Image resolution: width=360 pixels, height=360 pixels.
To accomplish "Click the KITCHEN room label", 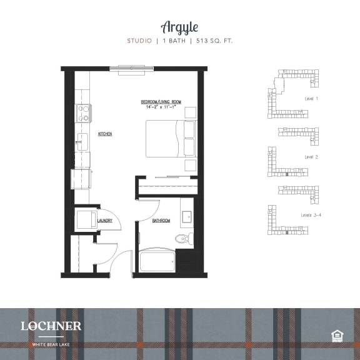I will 104,134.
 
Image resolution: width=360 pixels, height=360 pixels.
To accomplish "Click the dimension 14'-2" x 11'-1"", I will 161,107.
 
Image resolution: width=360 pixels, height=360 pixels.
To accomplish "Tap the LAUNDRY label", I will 105,221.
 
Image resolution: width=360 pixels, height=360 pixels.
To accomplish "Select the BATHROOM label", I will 161,221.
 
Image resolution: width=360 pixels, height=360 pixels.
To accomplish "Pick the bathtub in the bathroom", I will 156,261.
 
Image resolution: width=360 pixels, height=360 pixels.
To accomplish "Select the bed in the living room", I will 170,139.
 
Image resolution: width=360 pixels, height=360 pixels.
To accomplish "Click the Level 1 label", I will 311,99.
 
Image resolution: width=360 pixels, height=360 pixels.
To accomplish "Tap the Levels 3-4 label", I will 311,215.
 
